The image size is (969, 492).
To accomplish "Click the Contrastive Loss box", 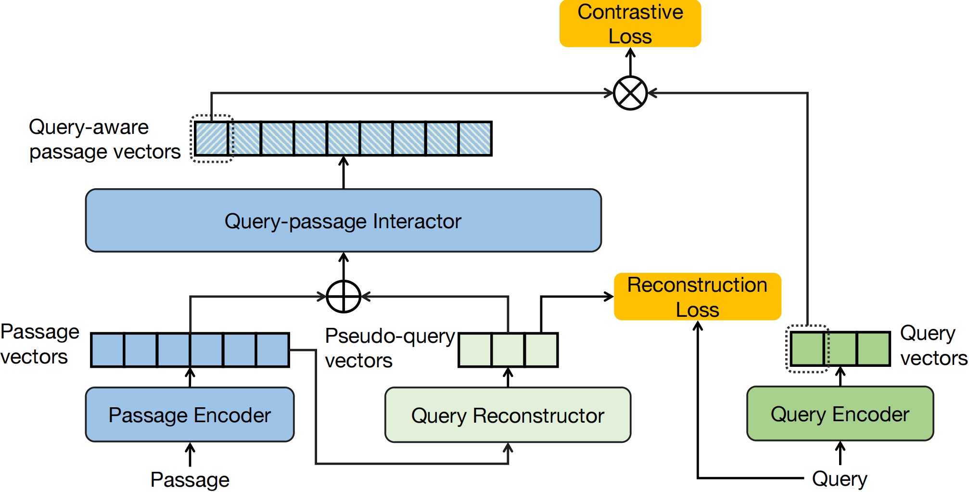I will (x=630, y=24).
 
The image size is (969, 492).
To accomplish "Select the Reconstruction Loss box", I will (x=697, y=297).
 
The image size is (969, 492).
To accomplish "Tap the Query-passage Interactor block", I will (x=343, y=220).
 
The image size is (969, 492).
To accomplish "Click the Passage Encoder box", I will (x=190, y=414).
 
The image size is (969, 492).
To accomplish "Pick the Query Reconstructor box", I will (x=508, y=415).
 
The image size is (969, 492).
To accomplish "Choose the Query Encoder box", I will (x=840, y=414).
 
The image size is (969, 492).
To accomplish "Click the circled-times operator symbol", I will (x=630, y=93).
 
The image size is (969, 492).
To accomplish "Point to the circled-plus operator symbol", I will (x=344, y=297).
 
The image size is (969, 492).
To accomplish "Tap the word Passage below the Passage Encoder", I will (x=190, y=479).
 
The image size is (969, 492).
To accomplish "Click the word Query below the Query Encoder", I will (x=840, y=479).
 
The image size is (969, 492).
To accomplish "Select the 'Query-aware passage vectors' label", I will (x=104, y=139).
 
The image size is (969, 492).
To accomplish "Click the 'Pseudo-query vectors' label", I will (x=390, y=348).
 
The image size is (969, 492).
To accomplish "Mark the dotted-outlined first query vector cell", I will (x=807, y=349).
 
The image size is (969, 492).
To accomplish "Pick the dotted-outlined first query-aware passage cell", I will (x=212, y=139).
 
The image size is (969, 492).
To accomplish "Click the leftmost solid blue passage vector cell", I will (x=108, y=350).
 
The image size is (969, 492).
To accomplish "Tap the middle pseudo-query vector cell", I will (x=508, y=350).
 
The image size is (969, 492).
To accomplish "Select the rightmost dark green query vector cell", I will (x=873, y=349).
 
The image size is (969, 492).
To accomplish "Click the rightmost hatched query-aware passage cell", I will (x=475, y=139).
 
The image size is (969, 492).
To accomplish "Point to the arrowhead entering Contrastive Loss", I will (x=630, y=52).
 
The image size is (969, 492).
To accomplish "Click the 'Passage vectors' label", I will (x=39, y=344).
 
